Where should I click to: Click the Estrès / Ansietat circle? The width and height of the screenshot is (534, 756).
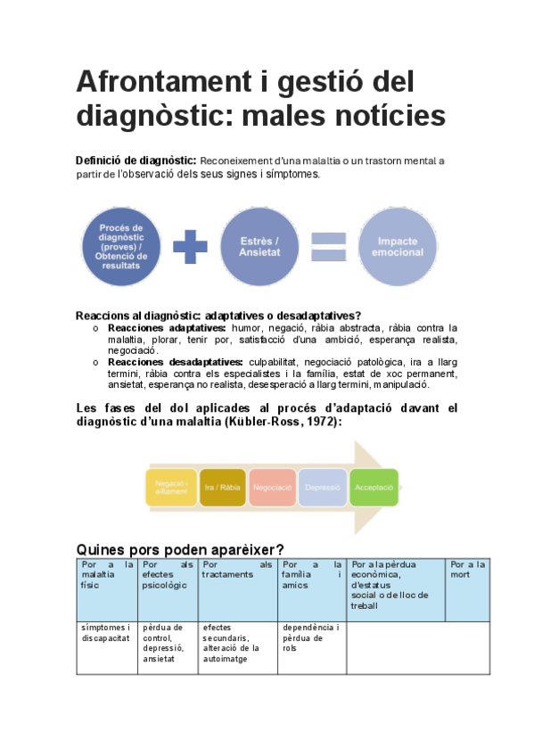[259, 247]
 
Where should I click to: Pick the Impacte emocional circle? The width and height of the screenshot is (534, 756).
[398, 247]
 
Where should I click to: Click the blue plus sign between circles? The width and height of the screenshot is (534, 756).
[190, 247]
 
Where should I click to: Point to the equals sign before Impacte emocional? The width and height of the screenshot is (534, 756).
[328, 247]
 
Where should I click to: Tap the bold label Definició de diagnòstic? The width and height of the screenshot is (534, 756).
[136, 160]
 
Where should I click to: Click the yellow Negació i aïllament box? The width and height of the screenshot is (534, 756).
[170, 488]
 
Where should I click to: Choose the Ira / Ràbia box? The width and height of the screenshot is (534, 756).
[222, 488]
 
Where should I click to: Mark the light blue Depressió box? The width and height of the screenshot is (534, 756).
[323, 488]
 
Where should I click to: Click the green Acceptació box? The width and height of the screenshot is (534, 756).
[374, 488]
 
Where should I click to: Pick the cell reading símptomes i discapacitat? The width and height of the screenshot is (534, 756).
[106, 633]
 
